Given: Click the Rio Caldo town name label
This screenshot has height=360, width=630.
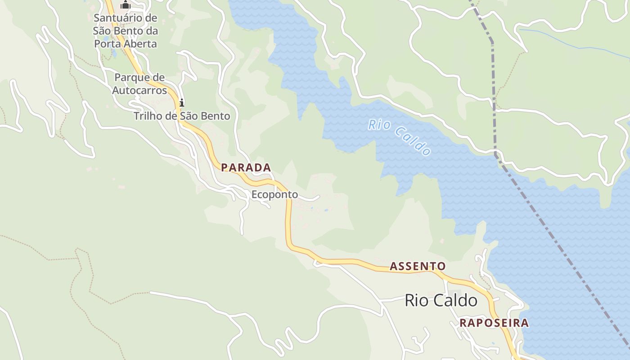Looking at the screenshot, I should (x=441, y=300).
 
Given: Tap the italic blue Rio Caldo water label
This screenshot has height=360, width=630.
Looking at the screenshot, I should (x=400, y=136).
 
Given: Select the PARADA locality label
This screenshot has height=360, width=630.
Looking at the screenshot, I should (x=246, y=168).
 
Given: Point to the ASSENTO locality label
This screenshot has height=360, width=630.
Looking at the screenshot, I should (x=418, y=266).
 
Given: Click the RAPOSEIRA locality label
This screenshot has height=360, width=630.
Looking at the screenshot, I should (x=494, y=323).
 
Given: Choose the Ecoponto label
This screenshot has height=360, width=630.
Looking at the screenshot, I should (x=274, y=194).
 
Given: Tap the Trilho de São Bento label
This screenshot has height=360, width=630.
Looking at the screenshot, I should (x=182, y=116).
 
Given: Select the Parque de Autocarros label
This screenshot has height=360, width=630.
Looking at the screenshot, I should (x=139, y=84).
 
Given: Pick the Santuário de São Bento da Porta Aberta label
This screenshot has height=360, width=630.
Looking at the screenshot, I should (x=125, y=31).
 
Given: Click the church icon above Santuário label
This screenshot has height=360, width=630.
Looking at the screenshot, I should (x=126, y=5).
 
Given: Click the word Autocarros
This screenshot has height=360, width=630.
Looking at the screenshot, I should (x=139, y=90).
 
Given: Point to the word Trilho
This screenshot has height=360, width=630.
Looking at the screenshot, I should (x=148, y=116).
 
